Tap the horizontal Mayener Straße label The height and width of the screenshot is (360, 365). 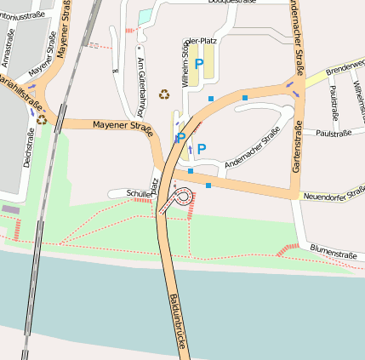(123, 129)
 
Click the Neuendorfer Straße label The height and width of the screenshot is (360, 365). (333, 197)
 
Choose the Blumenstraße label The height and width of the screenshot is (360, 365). (333, 254)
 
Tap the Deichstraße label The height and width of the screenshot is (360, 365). (29, 147)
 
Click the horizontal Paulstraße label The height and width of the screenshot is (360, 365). (333, 134)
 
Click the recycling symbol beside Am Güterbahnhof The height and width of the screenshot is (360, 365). (163, 93)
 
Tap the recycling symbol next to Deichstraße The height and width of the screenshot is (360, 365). (41, 119)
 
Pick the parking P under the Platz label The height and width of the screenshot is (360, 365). (199, 64)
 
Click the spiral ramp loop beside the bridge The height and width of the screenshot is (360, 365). (180, 197)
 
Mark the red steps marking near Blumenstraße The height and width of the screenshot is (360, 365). (289, 248)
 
